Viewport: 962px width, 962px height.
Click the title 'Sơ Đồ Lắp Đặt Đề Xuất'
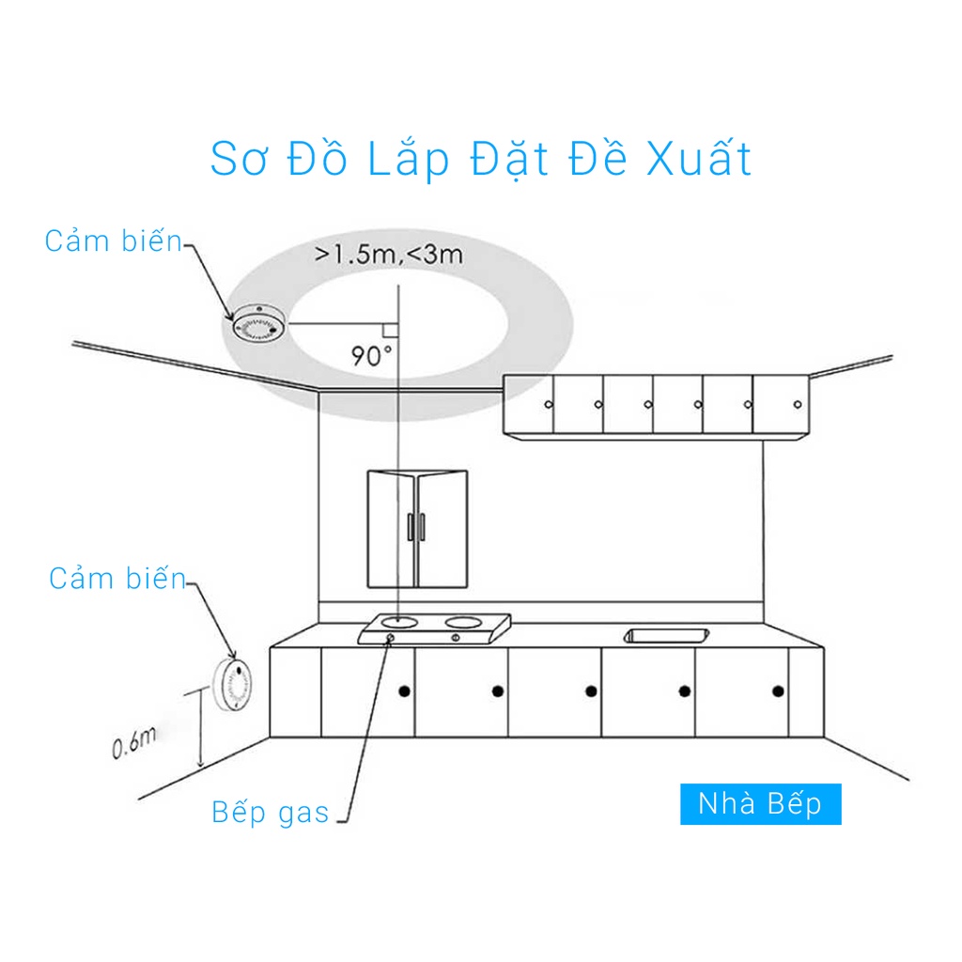click(480, 160)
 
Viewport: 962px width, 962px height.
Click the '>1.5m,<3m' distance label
click(388, 254)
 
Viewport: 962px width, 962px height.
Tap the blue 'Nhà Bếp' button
click(760, 804)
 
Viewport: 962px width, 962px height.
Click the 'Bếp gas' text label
click(271, 812)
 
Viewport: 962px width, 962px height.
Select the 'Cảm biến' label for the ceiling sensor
click(113, 241)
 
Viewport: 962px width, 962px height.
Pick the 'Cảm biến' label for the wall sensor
click(117, 579)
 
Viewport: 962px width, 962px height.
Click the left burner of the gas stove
click(402, 620)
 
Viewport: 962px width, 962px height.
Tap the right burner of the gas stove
click(462, 620)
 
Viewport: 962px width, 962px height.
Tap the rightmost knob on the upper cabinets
click(798, 404)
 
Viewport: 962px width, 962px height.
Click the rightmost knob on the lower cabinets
click(777, 691)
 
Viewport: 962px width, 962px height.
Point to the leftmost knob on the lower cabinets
click(404, 692)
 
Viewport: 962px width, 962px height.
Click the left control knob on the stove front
click(390, 640)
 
